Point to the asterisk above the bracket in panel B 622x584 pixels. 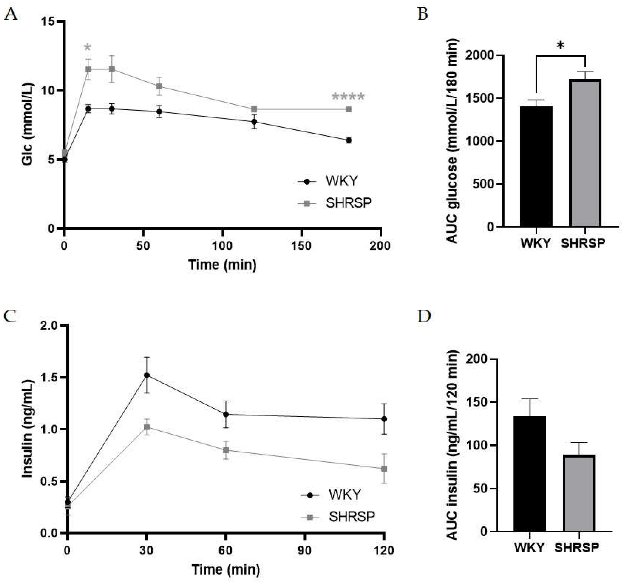pos(560,46)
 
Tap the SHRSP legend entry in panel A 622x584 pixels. pos(348,203)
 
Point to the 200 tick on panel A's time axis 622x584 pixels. pos(380,246)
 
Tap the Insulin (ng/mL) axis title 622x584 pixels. pos(28,429)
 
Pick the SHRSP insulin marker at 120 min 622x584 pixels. pos(384,469)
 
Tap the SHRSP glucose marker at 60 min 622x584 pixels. pos(159,86)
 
